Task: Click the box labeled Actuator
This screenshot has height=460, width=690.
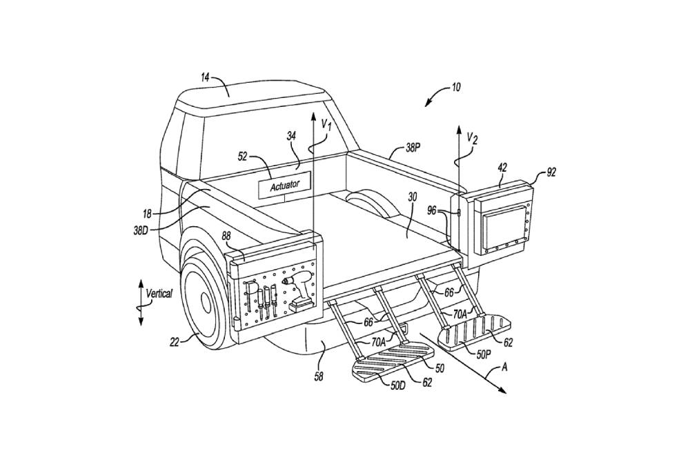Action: [284, 184]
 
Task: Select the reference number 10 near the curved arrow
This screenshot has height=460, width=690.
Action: [456, 88]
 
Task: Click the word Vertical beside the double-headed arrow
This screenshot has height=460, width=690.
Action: [159, 293]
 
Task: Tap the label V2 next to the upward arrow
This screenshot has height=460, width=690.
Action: [471, 138]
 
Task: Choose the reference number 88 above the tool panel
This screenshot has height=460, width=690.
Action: [226, 237]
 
